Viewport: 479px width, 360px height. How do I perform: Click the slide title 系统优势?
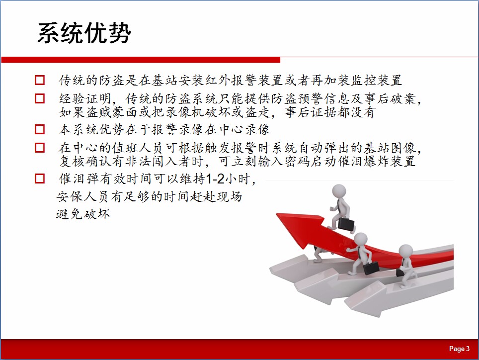(x=84, y=32)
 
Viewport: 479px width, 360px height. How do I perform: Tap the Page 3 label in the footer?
(x=459, y=349)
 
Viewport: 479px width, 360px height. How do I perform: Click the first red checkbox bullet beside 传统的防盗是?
(x=40, y=80)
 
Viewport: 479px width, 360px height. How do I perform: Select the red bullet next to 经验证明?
(x=40, y=98)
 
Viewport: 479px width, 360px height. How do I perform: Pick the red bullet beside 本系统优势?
(x=40, y=129)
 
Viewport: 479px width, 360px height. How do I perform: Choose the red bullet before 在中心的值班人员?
(x=40, y=148)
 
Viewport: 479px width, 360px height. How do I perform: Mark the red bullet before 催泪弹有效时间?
(x=40, y=179)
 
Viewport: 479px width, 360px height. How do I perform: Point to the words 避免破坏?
(x=83, y=214)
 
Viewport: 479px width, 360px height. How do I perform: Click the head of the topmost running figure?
(x=339, y=191)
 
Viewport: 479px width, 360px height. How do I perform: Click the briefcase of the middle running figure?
(x=371, y=268)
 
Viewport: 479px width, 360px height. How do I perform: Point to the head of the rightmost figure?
(x=406, y=252)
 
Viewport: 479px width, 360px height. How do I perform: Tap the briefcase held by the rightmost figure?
(x=400, y=272)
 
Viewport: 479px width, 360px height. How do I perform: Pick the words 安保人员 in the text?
(x=82, y=196)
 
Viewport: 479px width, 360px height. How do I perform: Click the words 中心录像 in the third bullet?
(x=244, y=130)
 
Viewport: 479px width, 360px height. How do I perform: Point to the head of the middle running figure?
(x=360, y=240)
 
